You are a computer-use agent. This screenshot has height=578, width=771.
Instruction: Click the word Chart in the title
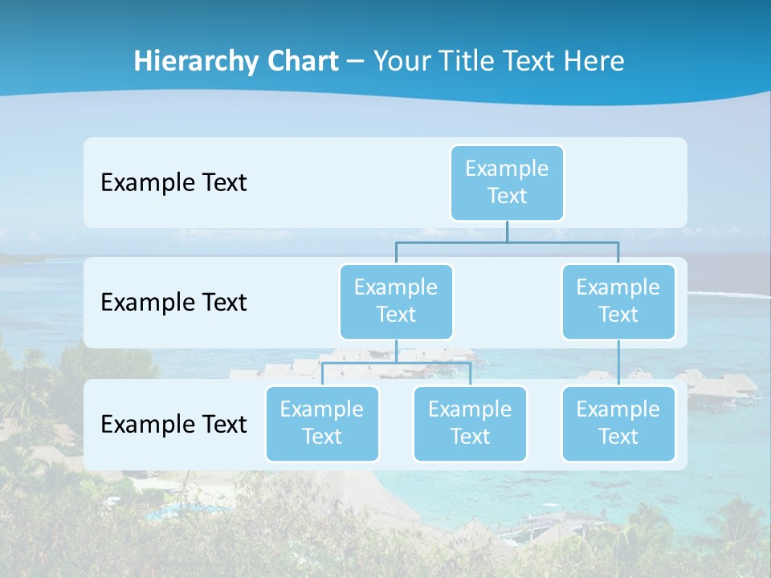coord(300,62)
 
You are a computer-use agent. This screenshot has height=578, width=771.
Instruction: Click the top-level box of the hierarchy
coord(507,182)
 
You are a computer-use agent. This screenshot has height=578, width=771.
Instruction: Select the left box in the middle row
coord(396,301)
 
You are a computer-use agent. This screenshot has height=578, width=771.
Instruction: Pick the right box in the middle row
coord(618,301)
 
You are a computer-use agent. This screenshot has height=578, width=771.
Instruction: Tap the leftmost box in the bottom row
coord(322,423)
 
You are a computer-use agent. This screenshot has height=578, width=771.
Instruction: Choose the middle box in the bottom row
coord(470,423)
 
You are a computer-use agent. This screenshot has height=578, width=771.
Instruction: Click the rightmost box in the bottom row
coord(618,423)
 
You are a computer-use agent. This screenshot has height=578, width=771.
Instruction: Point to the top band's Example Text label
coord(173,183)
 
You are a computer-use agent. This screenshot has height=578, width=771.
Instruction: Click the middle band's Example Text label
coord(173,303)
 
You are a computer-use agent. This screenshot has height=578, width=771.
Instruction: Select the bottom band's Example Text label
coord(173,424)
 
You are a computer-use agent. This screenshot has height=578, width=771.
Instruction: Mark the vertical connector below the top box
coord(507,231)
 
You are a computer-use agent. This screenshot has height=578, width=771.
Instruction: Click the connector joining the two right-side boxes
coord(618,363)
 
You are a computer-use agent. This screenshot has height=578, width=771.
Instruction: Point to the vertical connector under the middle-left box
coord(396,352)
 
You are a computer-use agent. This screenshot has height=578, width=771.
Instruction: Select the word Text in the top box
coord(507,196)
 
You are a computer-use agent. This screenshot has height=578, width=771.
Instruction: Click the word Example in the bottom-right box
coord(618,409)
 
